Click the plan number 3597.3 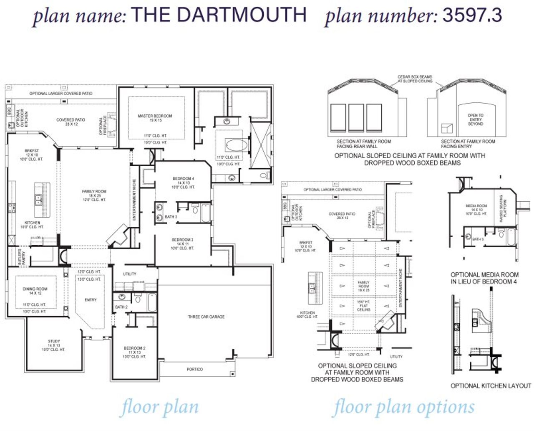tap(472, 15)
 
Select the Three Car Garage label tap(206, 317)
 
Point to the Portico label tap(194, 369)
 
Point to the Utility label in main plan tap(129, 274)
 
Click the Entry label tap(90, 300)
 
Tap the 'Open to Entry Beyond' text tap(475, 119)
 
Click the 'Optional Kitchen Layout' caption tap(491, 386)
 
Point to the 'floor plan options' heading tap(403, 407)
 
